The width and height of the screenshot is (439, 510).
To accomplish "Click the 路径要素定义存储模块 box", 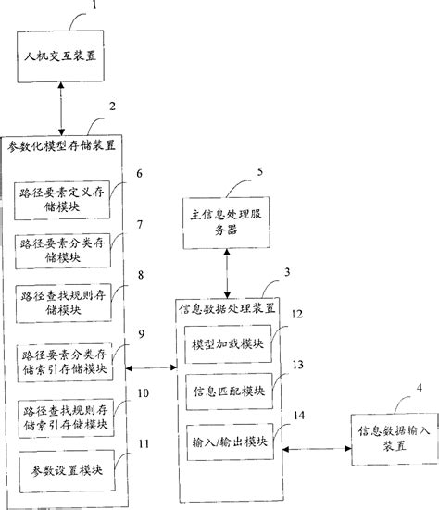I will coord(63,200).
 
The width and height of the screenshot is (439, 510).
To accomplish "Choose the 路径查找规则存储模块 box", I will coord(63,300).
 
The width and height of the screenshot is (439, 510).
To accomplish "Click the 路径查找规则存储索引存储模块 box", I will coord(63,417).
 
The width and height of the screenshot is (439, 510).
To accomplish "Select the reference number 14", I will coord(297,415).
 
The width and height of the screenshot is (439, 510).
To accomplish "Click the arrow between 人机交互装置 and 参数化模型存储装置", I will coord(59,112).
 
